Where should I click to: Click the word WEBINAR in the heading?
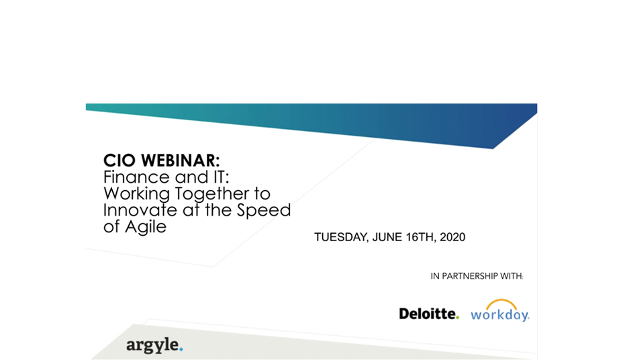180,161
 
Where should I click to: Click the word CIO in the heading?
120,161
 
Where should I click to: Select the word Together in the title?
209,194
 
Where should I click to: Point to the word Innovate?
140,210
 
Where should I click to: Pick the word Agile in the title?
146,227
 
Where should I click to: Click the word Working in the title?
137,194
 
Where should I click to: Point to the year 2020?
452,237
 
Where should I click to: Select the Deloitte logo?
429,314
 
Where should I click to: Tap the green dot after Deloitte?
457,318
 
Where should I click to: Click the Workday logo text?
500,315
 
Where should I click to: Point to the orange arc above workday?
501,301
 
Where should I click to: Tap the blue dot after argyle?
181,349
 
